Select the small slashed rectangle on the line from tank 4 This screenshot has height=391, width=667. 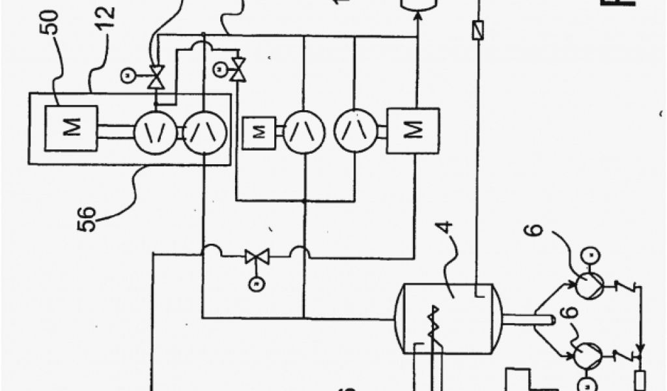tap(478, 30)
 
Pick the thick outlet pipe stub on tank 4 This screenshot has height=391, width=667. tap(529, 319)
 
